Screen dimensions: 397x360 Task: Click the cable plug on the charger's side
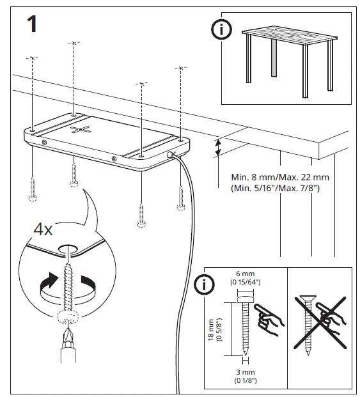coord(171,155)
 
